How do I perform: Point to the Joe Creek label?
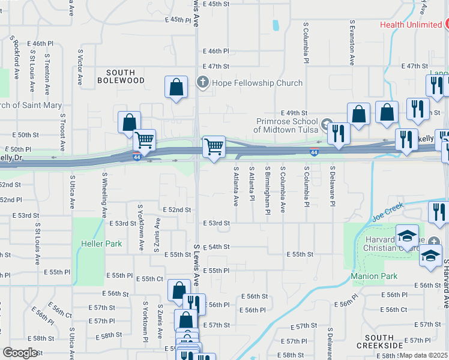point(387,213)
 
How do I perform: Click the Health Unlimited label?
point(411,25)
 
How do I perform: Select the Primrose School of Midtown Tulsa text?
point(285,124)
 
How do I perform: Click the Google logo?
point(20,353)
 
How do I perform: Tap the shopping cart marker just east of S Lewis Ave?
point(214,146)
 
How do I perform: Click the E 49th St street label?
point(294,113)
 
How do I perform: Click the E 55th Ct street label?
point(149,279)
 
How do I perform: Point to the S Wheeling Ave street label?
point(104,195)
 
